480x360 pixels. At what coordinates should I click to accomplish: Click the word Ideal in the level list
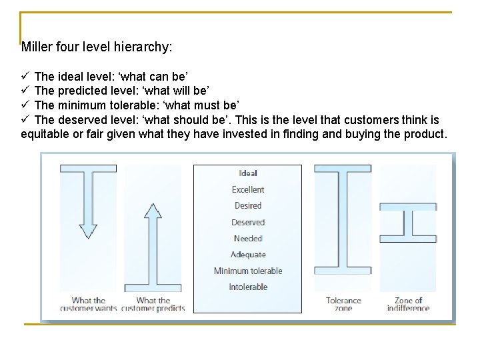248,173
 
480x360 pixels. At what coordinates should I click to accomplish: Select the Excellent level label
248,190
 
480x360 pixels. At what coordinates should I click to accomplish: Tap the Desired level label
248,206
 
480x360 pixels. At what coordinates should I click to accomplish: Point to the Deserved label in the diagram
248,223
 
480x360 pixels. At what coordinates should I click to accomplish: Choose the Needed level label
248,239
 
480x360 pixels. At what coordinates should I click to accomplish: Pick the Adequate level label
248,255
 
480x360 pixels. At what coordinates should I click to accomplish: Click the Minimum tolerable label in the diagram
248,271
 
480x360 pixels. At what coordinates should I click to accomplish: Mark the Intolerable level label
248,287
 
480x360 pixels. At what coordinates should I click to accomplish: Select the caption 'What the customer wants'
89,305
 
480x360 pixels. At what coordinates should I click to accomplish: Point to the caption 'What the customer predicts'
153,305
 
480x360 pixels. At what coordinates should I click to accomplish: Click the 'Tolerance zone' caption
343,305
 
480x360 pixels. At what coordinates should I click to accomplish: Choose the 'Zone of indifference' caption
408,305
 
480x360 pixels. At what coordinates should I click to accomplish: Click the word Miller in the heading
36,47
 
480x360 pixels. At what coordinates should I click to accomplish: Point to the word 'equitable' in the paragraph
45,134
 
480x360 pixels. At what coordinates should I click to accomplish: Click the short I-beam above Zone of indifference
408,222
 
